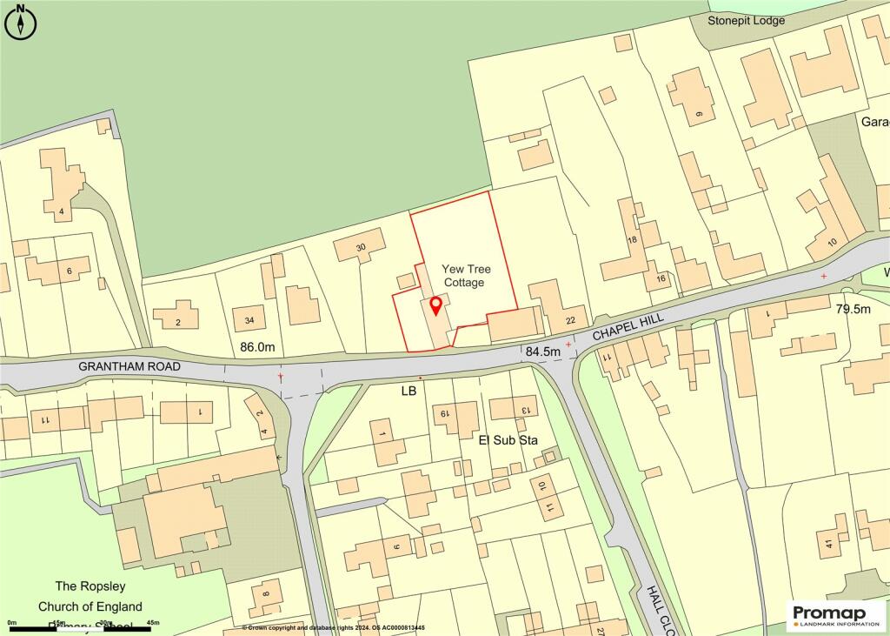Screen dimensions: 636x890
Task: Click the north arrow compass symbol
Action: point(21,22)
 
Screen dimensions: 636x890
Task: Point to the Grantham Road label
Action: point(130,367)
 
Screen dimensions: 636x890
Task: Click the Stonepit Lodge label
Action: point(746,20)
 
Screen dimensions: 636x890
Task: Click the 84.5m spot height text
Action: point(543,351)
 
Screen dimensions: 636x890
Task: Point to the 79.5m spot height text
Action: point(853,309)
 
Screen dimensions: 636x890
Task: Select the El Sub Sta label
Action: point(508,440)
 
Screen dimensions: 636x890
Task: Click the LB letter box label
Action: point(408,392)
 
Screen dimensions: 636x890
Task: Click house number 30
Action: point(362,247)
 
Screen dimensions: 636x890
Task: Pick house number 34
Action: point(249,321)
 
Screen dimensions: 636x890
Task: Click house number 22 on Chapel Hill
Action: point(569,321)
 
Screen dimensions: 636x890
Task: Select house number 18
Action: point(632,239)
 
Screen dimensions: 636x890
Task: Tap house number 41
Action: point(829,545)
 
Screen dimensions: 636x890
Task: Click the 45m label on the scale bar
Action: point(153,623)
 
